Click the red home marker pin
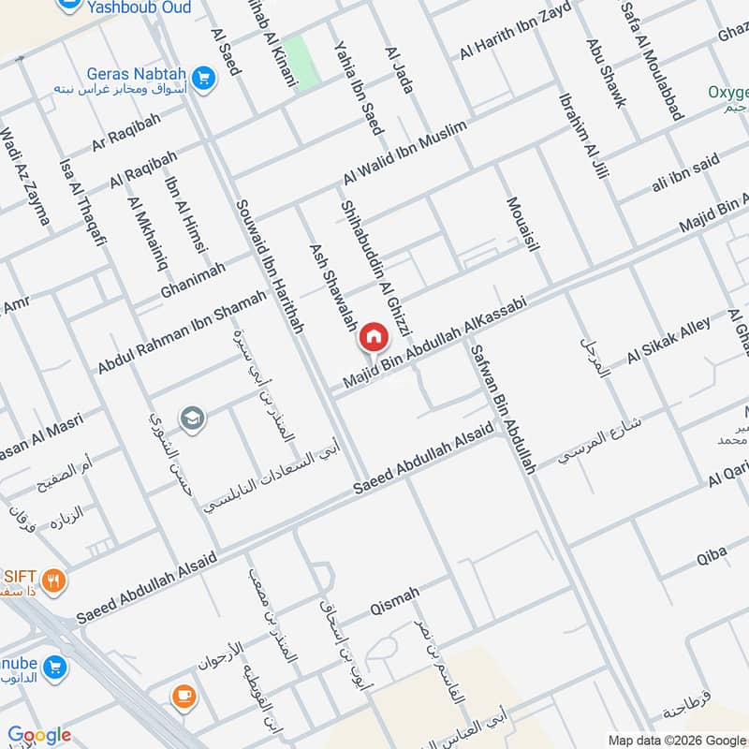click(x=374, y=337)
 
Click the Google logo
click(x=39, y=735)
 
